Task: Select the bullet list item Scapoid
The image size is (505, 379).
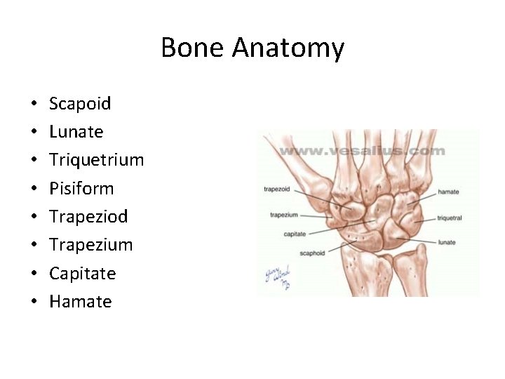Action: [x=80, y=104]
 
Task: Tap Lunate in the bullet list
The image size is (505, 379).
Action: [x=76, y=132]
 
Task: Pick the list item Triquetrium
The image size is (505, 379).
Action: [x=96, y=161]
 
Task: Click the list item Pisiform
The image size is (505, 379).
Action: [x=81, y=188]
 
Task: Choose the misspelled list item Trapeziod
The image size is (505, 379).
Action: [x=88, y=216]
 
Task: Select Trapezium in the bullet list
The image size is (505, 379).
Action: [x=90, y=245]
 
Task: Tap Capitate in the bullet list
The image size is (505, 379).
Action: [x=82, y=273]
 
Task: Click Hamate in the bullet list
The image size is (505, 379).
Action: [x=80, y=301]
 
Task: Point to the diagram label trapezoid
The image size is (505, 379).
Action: [x=278, y=189]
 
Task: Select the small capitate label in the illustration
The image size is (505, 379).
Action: [x=295, y=234]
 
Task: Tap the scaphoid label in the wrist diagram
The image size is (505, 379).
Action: [x=312, y=253]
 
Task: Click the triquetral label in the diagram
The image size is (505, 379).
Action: [x=450, y=218]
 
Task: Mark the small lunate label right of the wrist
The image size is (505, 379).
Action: [x=447, y=243]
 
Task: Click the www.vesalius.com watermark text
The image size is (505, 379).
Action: [x=362, y=151]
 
